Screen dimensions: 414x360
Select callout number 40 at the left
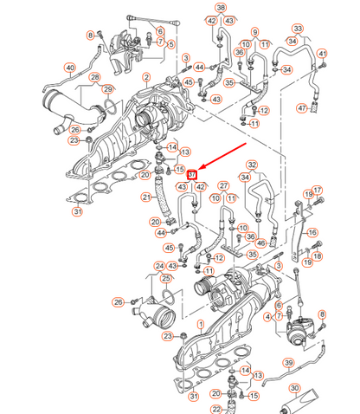[70, 68]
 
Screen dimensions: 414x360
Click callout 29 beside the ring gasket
[108, 89]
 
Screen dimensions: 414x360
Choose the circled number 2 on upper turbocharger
[146, 78]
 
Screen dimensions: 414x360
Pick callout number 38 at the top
[221, 8]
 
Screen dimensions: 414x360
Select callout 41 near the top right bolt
[323, 54]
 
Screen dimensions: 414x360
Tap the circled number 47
[301, 108]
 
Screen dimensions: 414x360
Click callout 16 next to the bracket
[312, 233]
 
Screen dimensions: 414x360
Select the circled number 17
[318, 191]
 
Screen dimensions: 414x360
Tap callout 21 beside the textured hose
[146, 198]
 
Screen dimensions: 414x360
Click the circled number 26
[118, 301]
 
